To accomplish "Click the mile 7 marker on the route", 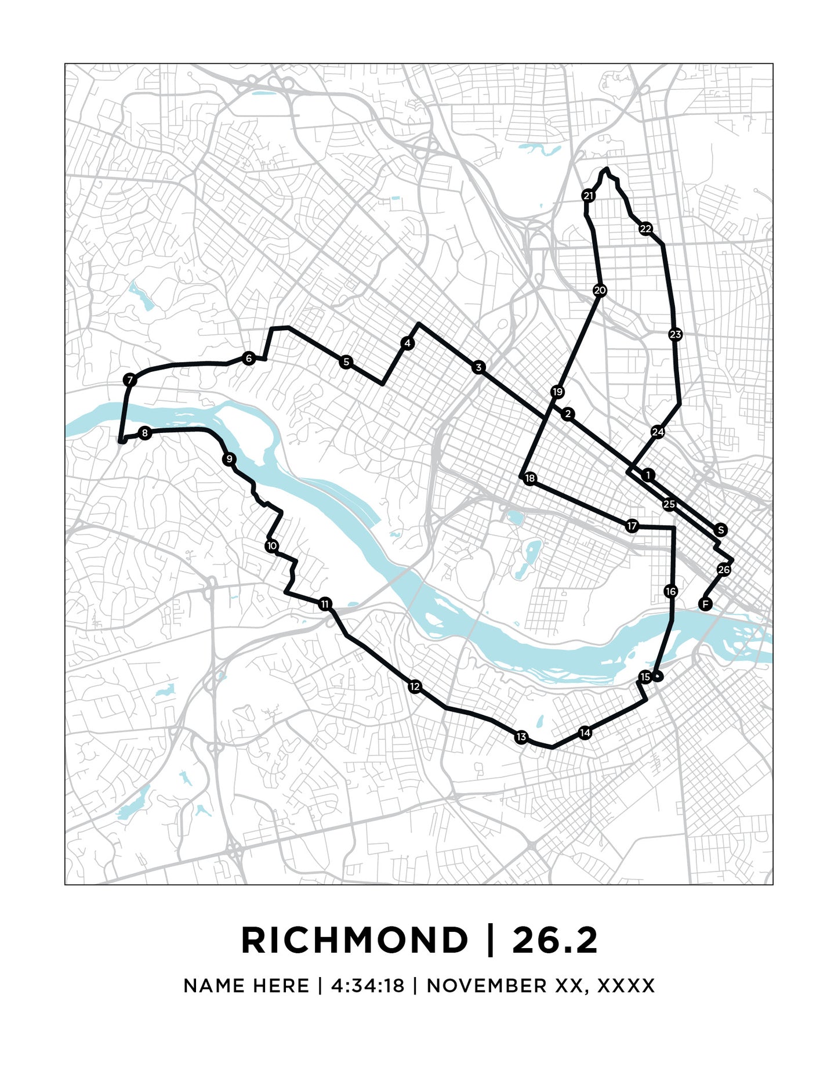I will (130, 381).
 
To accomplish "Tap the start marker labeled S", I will (720, 530).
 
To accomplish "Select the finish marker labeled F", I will (705, 605).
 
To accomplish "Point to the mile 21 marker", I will (589, 196).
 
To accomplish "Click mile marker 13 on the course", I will (521, 737).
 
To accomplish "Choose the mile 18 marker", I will (529, 479).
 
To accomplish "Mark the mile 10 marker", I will (271, 546).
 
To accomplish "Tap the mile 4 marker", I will (408, 343).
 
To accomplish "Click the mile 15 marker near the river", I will (645, 677).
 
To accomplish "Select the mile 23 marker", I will (675, 334).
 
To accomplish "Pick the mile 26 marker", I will (723, 570).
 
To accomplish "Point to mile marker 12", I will (414, 687).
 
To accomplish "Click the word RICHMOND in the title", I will (354, 941).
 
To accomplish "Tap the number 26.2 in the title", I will (554, 941).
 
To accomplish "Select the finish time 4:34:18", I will (367, 986).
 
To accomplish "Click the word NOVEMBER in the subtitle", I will (486, 986).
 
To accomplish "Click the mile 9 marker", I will (229, 460).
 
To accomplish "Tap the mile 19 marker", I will (557, 392).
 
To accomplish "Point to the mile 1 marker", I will (648, 475).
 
